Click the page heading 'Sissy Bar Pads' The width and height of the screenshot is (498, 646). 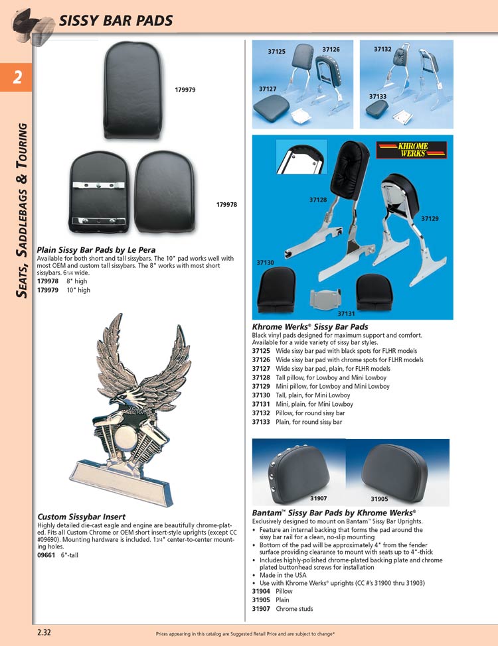pyautogui.click(x=116, y=21)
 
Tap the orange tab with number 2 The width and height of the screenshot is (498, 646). pyautogui.click(x=17, y=78)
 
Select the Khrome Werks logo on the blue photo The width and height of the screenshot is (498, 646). pyautogui.click(x=402, y=150)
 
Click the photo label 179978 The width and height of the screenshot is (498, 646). pyautogui.click(x=227, y=204)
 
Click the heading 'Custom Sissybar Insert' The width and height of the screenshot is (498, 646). pyautogui.click(x=81, y=517)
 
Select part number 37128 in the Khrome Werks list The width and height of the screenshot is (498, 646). pyautogui.click(x=262, y=377)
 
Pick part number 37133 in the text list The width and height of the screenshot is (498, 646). pyautogui.click(x=262, y=422)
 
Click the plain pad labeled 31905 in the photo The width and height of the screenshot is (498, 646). pyautogui.click(x=400, y=466)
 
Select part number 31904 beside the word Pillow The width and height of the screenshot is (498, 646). pyautogui.click(x=262, y=592)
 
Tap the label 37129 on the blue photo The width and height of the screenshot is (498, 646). pyautogui.click(x=430, y=218)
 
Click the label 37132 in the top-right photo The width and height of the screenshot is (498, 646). pyautogui.click(x=382, y=49)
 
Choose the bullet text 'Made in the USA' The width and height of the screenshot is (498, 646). pyautogui.click(x=283, y=575)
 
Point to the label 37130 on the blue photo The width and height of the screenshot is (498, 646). pyautogui.click(x=266, y=263)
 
